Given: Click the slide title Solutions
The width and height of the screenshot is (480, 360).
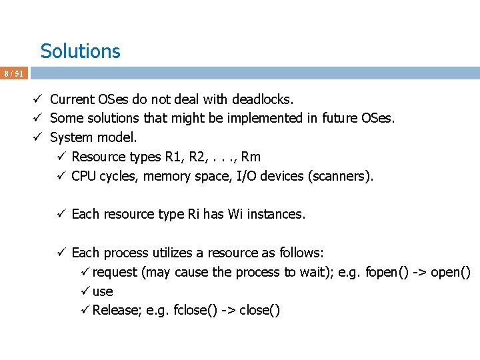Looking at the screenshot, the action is [x=80, y=51].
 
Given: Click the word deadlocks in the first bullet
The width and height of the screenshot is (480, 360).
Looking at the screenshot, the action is [x=262, y=100].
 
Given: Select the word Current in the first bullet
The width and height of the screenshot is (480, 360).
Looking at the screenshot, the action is [x=71, y=100].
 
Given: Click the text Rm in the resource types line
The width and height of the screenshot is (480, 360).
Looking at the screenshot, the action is [x=251, y=157].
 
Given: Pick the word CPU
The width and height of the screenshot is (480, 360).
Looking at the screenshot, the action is [x=83, y=177].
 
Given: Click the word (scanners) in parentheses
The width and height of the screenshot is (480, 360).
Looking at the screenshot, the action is [x=341, y=177].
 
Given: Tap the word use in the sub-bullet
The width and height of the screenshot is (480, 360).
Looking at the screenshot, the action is [x=103, y=292].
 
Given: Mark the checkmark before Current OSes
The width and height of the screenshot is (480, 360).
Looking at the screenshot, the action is [x=40, y=99].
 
